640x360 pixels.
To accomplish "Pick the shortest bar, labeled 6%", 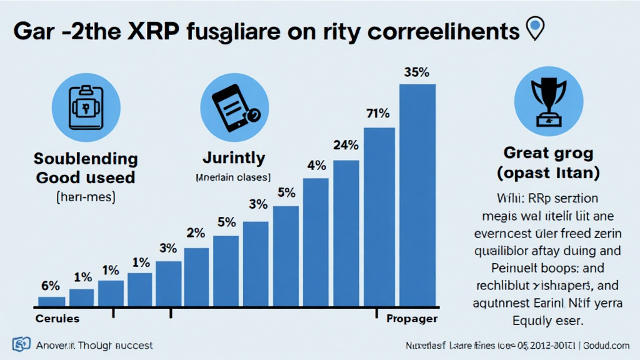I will [x=51, y=301].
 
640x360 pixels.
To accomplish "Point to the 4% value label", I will [x=317, y=166].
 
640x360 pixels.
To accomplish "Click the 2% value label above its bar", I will [x=196, y=234].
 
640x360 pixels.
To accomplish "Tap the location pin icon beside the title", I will [x=534, y=28].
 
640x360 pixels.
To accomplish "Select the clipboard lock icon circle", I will [x=85, y=107].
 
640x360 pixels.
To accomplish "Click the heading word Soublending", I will [x=85, y=158].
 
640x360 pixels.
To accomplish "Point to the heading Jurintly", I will [x=234, y=157].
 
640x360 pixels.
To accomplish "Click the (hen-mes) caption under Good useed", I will [x=84, y=198].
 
